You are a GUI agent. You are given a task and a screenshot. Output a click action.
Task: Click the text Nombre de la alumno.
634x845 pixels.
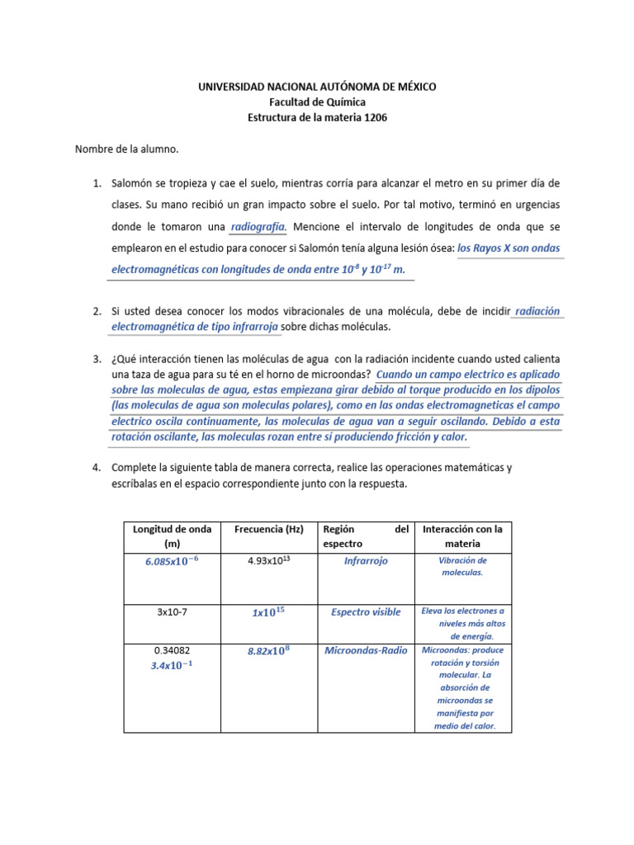click(127, 150)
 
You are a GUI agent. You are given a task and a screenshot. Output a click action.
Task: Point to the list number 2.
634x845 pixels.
click(96, 312)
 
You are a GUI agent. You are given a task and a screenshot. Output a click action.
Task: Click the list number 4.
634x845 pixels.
click(96, 468)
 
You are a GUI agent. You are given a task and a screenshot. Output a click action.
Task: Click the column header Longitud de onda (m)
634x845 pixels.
click(172, 536)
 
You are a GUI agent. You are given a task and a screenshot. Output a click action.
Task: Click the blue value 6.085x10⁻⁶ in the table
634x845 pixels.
click(172, 562)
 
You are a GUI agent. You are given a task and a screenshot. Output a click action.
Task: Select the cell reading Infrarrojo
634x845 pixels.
click(366, 561)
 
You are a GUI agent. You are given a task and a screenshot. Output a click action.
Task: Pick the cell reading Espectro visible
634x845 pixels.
click(366, 612)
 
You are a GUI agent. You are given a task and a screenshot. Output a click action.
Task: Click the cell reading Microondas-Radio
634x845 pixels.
click(366, 651)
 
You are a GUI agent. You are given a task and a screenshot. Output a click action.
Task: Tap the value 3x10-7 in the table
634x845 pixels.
click(172, 612)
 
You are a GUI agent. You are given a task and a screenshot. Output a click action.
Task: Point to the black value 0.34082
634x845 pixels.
click(172, 650)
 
